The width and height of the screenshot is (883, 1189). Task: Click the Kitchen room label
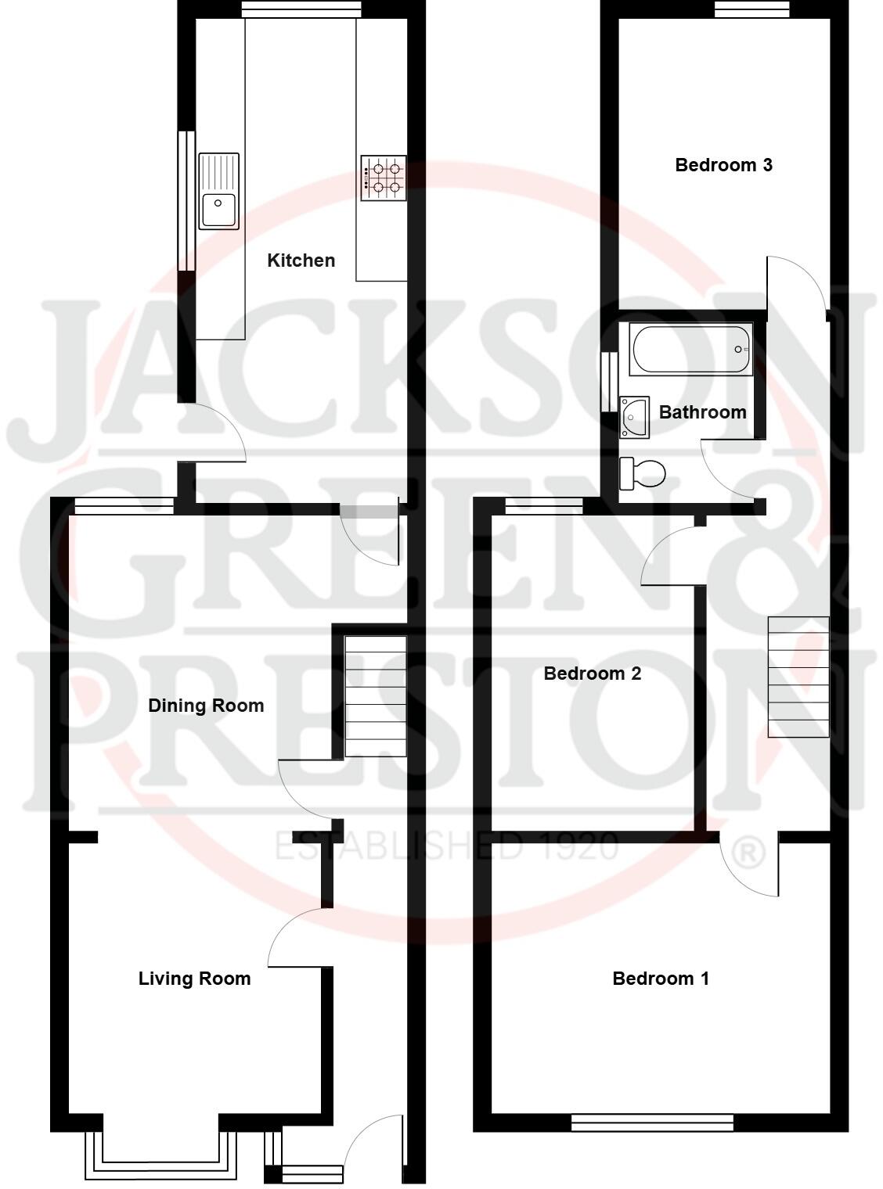tap(301, 260)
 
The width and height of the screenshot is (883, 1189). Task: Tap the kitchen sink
tap(218, 192)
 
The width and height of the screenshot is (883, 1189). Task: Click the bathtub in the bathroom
tap(690, 349)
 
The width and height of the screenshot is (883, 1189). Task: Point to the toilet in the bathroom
tap(643, 472)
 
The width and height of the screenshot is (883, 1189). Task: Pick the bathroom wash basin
tap(634, 416)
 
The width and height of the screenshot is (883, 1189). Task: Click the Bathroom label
tap(702, 412)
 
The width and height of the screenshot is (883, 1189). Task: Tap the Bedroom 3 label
tap(723, 165)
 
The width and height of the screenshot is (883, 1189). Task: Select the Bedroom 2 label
tap(592, 674)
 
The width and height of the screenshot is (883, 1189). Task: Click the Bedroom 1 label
tap(660, 979)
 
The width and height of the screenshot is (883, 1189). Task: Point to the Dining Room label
tap(206, 706)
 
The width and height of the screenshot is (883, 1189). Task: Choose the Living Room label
tap(194, 979)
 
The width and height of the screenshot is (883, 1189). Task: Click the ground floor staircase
tap(376, 696)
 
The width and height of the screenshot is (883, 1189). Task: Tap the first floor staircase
tap(798, 677)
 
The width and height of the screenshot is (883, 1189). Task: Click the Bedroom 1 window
tap(652, 1123)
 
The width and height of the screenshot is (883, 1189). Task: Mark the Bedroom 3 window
tap(751, 9)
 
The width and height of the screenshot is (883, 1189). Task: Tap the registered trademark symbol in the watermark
tap(749, 852)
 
